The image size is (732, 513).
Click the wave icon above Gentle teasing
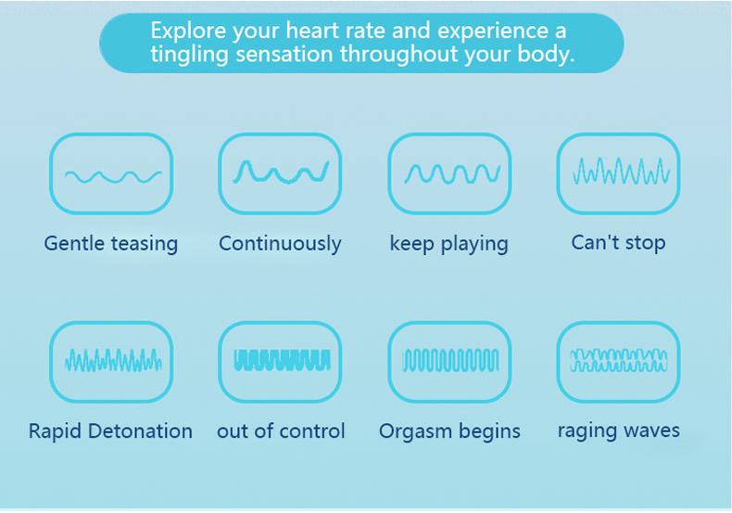[113, 176]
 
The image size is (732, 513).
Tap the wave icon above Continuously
[281, 172]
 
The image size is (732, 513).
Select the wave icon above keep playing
[452, 173]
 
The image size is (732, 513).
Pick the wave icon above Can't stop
[621, 171]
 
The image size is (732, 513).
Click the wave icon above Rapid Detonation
[113, 360]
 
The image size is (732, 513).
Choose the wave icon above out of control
[282, 360]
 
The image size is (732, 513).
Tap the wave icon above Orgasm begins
[451, 360]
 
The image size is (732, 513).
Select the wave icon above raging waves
[619, 360]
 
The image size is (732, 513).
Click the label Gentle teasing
[111, 244]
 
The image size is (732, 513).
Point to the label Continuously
[280, 244]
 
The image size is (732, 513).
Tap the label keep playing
[449, 244]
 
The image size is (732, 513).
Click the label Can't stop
[619, 243]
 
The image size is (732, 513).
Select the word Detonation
[140, 430]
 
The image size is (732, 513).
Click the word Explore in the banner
[189, 32]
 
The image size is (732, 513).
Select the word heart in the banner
[312, 31]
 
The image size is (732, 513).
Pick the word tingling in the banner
[189, 55]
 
